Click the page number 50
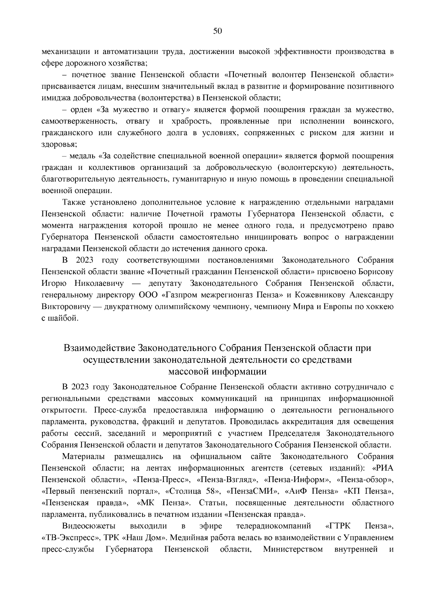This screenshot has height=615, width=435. pyautogui.click(x=217, y=31)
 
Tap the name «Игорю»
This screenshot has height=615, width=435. pyautogui.click(x=54, y=283)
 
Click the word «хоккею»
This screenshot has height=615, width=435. pyautogui.click(x=380, y=306)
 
